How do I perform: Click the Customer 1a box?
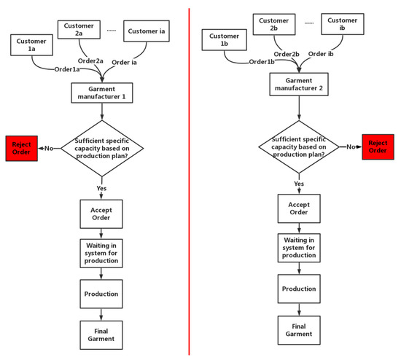click(x=31, y=45)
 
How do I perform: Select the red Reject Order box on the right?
click(x=376, y=146)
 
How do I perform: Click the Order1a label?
click(x=67, y=70)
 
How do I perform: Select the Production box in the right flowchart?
click(x=297, y=289)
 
